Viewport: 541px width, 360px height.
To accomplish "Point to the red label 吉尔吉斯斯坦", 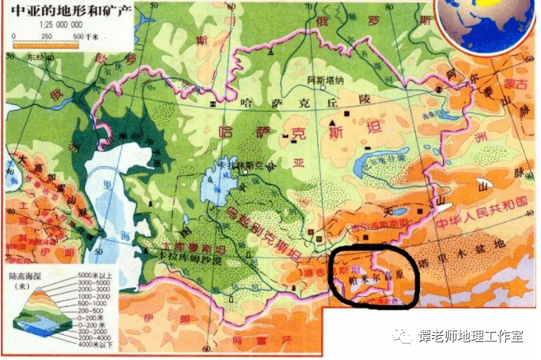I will click(x=377, y=224).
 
